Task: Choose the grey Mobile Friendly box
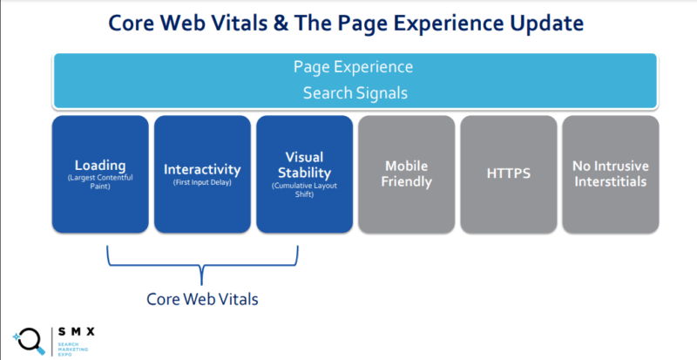tap(406, 174)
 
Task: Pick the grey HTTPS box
tap(508, 174)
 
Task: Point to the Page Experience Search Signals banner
tap(355, 80)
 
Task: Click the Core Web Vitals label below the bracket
tap(202, 298)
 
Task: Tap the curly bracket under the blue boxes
tap(202, 262)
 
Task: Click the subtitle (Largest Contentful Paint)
tap(99, 183)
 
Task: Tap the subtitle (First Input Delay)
tap(202, 182)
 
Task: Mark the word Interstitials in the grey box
tap(610, 182)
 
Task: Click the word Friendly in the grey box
tap(406, 182)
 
